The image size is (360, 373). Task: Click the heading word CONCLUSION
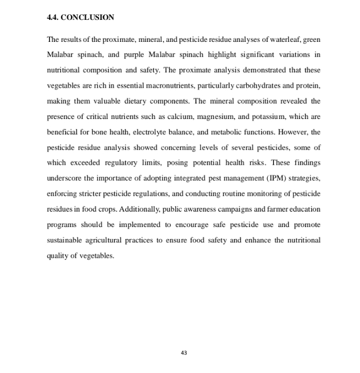click(88, 18)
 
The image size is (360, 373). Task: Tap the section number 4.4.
click(53, 18)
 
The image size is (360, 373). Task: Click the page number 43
click(184, 353)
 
